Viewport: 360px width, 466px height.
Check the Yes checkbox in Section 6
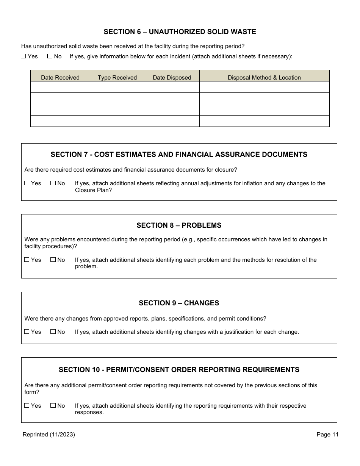23,56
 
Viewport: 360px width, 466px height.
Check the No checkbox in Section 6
50,56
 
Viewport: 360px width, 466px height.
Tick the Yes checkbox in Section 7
27,183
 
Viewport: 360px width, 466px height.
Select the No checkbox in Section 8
53,260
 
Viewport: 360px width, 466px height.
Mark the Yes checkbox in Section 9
27,332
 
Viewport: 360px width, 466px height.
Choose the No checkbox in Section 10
53,406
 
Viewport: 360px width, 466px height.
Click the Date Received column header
60,77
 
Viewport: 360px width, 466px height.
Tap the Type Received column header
117,77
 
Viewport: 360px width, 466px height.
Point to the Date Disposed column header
172,77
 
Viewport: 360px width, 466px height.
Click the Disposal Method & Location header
264,77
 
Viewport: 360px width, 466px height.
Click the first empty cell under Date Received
60,87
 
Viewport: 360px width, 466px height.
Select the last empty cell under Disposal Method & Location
264,121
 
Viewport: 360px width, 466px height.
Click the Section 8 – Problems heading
179,225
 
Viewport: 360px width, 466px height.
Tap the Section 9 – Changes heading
179,303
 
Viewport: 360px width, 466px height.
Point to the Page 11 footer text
327,435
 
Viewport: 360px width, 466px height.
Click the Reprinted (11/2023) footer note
49,435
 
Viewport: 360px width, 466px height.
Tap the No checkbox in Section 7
53,183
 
